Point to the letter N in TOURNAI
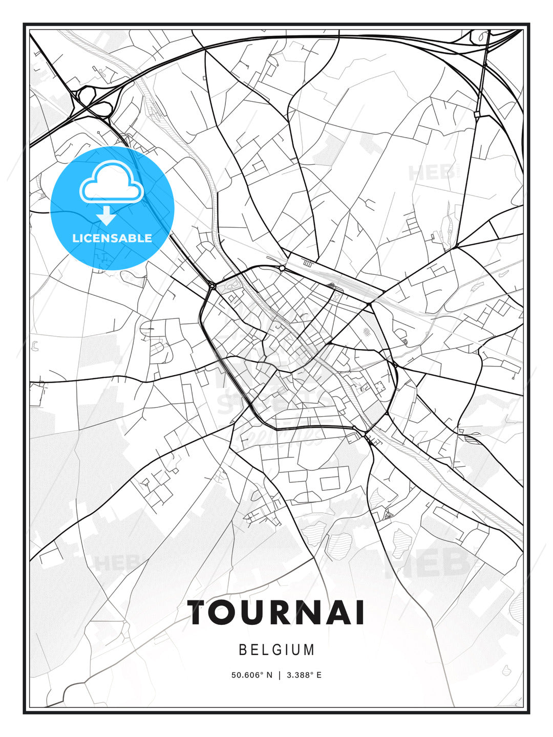[x=320, y=613]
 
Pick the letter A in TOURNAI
[x=348, y=613]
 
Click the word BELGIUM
[x=276, y=650]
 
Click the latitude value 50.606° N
[x=252, y=675]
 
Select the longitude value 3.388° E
[x=304, y=675]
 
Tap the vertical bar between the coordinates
[x=280, y=675]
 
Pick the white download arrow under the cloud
[x=107, y=215]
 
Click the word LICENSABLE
[x=112, y=238]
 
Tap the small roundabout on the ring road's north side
[x=282, y=268]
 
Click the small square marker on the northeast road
[x=477, y=115]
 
